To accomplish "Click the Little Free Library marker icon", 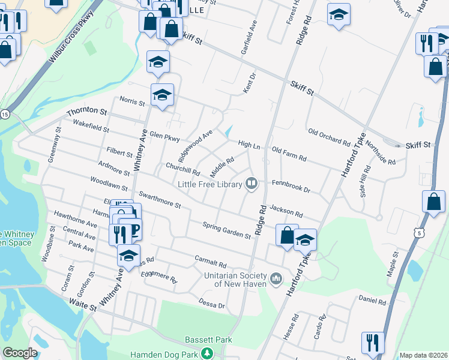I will [252, 184].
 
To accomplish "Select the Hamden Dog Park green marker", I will [207, 353].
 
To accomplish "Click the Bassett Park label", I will [208, 340].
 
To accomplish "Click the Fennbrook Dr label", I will [291, 185].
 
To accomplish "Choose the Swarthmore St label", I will [160, 200].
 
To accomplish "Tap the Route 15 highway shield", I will [5, 113].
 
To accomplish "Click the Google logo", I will [20, 353].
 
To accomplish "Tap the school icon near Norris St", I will [162, 95].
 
